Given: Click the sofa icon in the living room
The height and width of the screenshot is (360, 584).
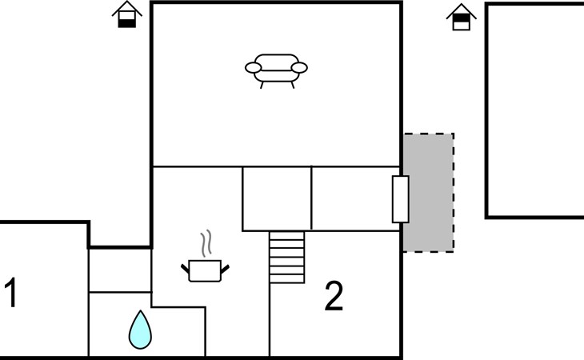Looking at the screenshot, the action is point(276,70).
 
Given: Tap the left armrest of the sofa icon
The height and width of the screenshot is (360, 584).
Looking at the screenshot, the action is point(254,68).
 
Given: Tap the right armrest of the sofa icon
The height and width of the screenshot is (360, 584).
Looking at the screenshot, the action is point(299,68).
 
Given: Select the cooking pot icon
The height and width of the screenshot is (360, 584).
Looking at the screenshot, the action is point(206,270).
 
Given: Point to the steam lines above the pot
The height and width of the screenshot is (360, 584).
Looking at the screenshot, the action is point(206,244).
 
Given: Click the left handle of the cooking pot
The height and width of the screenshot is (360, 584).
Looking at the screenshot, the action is point(185,269).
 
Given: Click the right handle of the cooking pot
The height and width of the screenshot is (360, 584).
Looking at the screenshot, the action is point(225,269).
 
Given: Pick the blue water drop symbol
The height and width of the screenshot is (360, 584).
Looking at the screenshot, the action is point(140,330).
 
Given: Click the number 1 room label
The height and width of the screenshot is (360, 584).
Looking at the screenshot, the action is point(11,293).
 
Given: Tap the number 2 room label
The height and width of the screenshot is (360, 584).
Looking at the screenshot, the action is point(334,296).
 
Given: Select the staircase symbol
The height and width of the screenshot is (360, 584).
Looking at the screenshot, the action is point(286,258).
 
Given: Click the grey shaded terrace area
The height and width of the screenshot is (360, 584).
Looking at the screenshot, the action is point(428,193).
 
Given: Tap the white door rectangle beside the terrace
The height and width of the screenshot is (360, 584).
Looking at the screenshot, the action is point(400,199).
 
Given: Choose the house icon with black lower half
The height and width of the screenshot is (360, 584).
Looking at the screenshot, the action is point(127,14).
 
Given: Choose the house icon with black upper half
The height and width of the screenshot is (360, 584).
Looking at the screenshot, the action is point(462,17).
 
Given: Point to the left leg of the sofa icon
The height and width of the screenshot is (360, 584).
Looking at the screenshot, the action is point(262,86).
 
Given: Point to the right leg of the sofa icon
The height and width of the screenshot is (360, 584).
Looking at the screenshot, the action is point(293,86).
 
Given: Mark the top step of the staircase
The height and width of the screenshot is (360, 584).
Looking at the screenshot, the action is point(286,236).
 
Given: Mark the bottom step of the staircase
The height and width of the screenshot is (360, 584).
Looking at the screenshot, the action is point(286,279).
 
